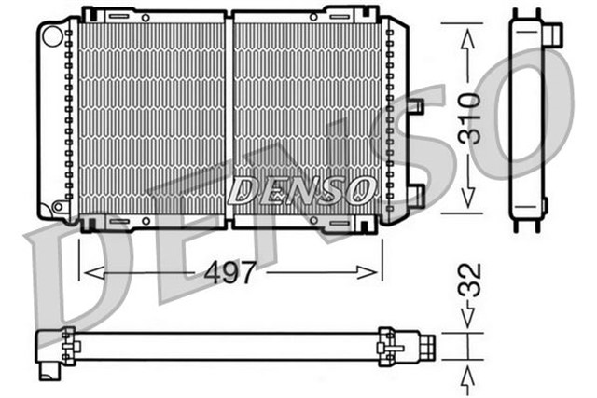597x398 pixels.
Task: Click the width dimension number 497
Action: pyautogui.click(x=230, y=273)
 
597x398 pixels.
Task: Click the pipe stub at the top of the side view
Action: pyautogui.click(x=554, y=33)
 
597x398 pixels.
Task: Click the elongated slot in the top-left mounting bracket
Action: pyautogui.click(x=118, y=17)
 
